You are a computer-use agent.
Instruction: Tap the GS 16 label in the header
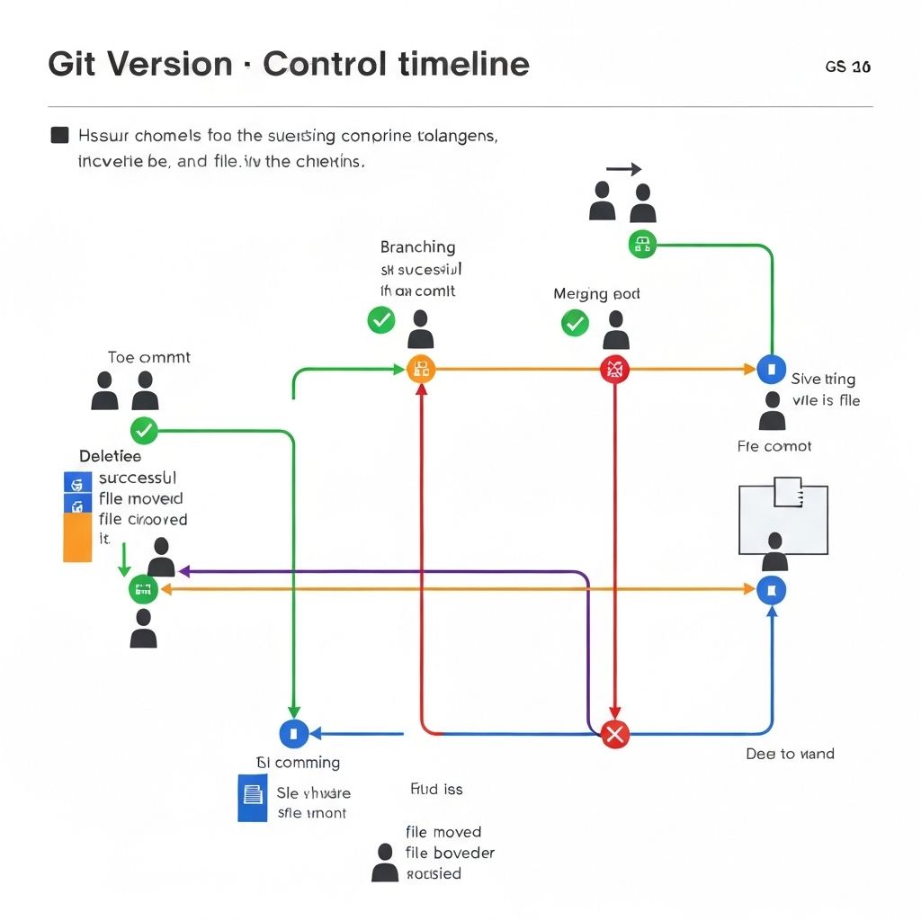click(x=847, y=67)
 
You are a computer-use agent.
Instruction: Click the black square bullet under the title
click(x=59, y=136)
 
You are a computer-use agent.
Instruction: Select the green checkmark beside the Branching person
click(x=381, y=319)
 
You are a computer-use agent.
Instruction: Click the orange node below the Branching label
click(x=421, y=369)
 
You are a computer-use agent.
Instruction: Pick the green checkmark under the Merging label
click(x=575, y=323)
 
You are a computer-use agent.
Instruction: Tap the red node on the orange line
click(x=614, y=369)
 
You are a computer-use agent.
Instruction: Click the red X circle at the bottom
click(x=614, y=734)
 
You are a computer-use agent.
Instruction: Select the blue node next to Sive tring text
click(x=772, y=369)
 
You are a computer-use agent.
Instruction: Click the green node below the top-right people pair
click(x=641, y=244)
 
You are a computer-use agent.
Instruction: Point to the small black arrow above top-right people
click(x=623, y=169)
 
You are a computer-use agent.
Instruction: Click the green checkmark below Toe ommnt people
click(x=144, y=431)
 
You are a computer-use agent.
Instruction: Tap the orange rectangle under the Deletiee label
click(x=77, y=537)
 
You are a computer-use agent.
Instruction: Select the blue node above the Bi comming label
click(x=294, y=733)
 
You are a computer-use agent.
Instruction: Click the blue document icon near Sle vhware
click(x=253, y=797)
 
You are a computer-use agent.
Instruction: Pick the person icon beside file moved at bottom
click(x=385, y=863)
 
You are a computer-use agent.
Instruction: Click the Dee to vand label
click(x=790, y=754)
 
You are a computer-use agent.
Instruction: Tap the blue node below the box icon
click(x=772, y=590)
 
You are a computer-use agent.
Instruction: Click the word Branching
click(x=417, y=247)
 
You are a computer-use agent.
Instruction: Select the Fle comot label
click(x=773, y=446)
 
